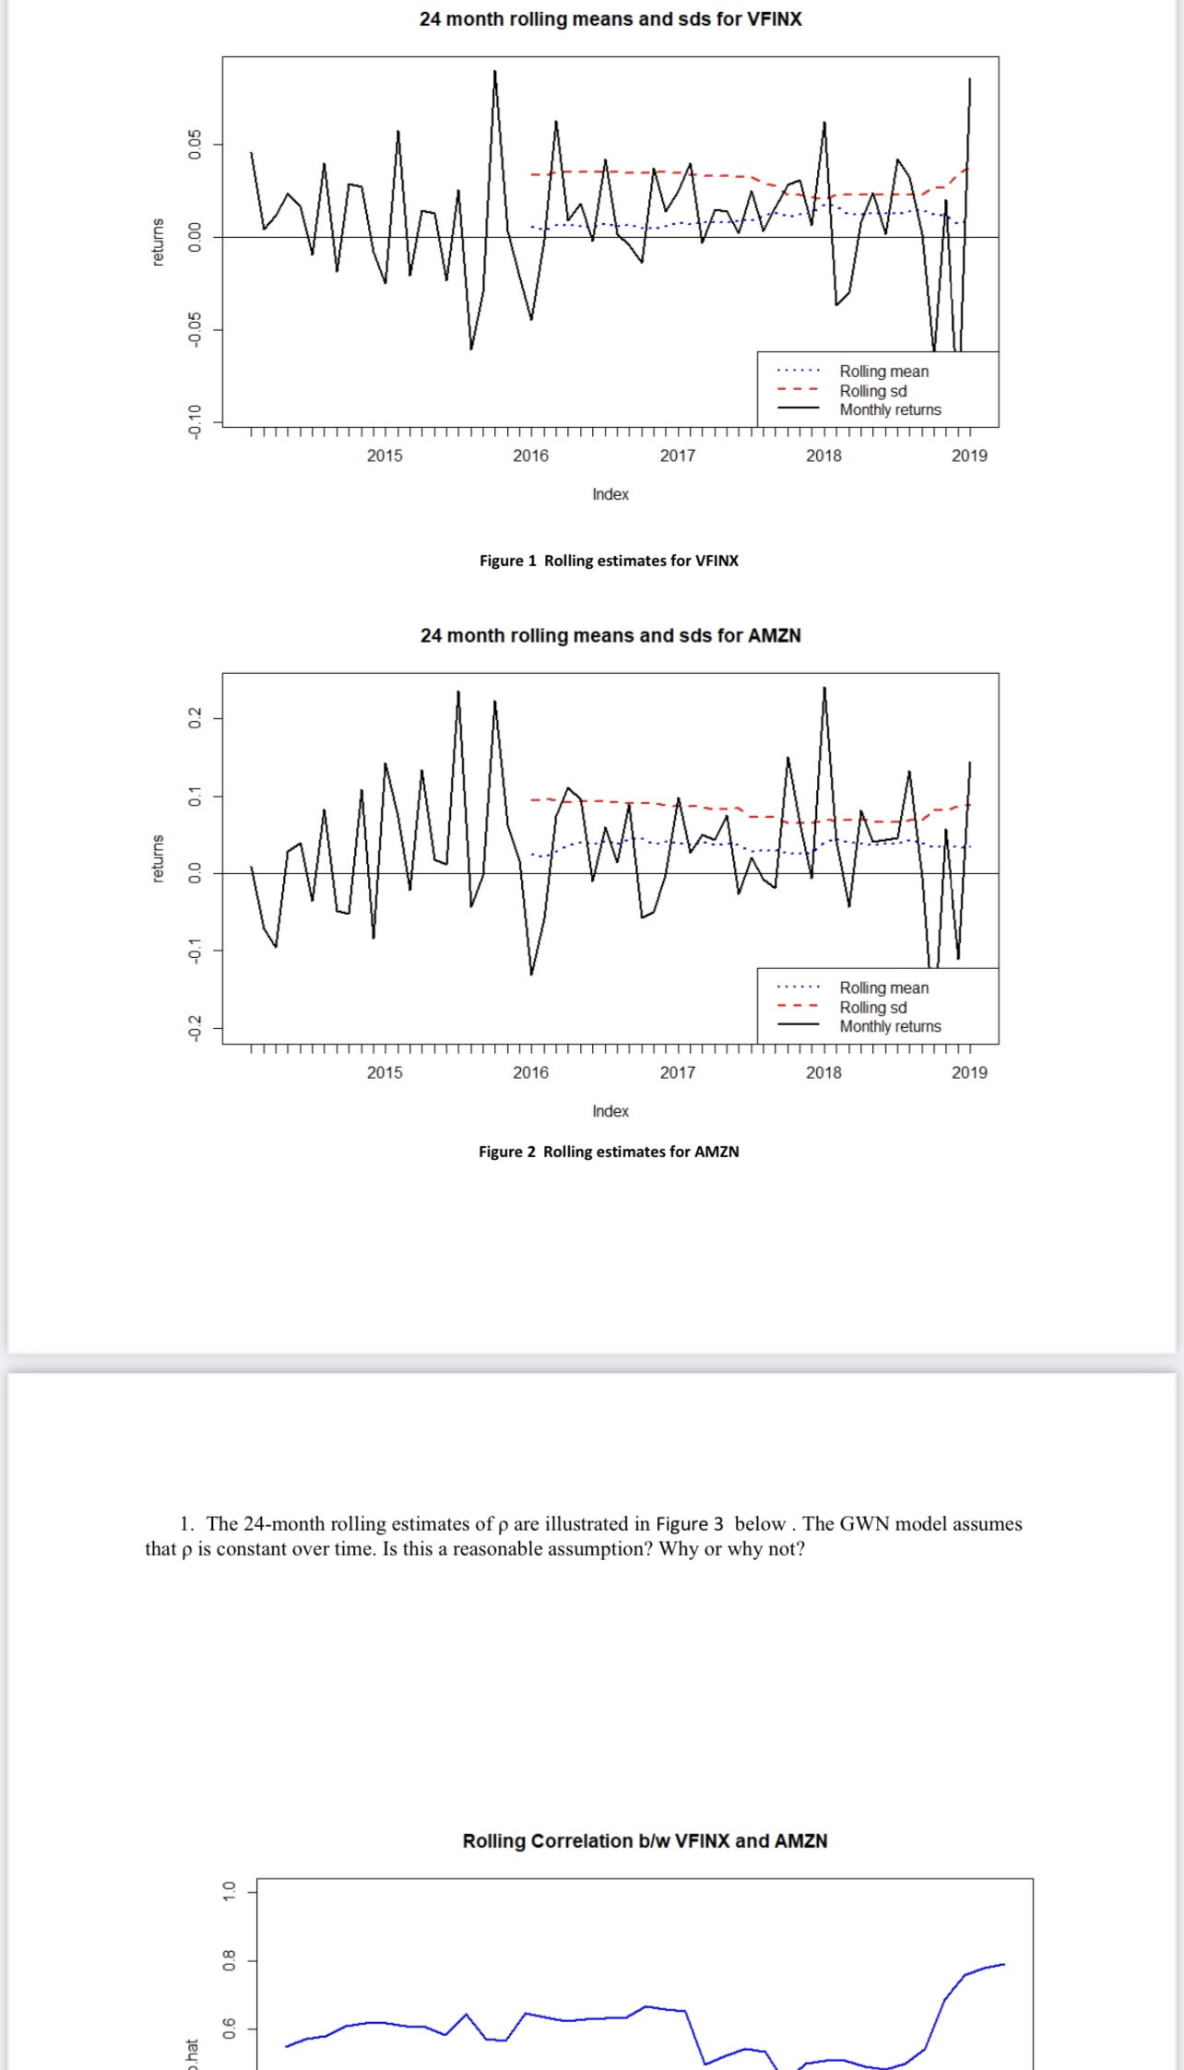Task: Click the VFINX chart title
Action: [x=610, y=19]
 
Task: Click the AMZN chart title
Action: [x=610, y=635]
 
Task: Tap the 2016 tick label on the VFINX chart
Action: [x=530, y=455]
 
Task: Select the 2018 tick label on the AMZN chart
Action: [x=823, y=1072]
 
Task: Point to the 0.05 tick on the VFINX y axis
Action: [x=195, y=144]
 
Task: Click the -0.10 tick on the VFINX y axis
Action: [x=195, y=420]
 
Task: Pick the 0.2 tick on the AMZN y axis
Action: [x=195, y=717]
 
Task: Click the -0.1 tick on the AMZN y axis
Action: [x=195, y=951]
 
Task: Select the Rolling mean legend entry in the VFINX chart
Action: [x=883, y=371]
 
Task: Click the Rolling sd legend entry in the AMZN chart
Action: [x=872, y=1007]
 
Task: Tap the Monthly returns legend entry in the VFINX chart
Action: [x=890, y=409]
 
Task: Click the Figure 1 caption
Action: [x=609, y=561]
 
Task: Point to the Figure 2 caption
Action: [x=609, y=1152]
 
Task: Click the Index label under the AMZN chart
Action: [x=610, y=1111]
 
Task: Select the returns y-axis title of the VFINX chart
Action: [x=158, y=242]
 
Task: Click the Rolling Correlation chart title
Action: [x=645, y=1840]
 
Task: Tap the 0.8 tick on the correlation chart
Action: [x=230, y=1960]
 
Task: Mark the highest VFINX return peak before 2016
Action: [x=494, y=71]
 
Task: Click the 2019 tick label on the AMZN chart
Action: [x=969, y=1072]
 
